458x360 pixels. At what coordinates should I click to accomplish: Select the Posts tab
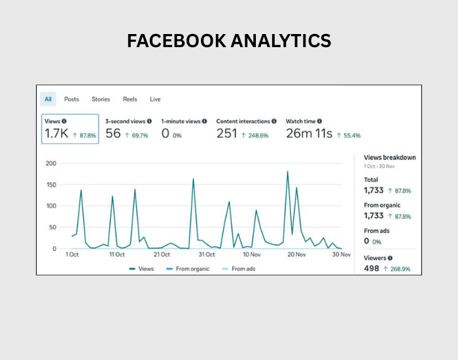click(x=71, y=99)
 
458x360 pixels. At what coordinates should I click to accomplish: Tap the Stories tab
click(x=101, y=99)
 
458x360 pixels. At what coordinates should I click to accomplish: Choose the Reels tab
click(x=130, y=99)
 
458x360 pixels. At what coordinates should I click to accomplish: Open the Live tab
click(x=155, y=99)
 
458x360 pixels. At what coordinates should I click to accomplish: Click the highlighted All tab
click(x=48, y=99)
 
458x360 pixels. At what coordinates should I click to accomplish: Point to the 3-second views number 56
click(x=113, y=134)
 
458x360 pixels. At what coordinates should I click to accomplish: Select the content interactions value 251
click(x=227, y=134)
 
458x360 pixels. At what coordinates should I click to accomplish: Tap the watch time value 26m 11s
click(x=309, y=134)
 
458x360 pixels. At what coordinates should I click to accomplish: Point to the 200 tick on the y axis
click(x=50, y=164)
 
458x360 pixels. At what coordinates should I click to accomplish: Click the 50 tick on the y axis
click(x=52, y=228)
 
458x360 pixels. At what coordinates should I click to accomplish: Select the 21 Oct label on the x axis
click(x=162, y=255)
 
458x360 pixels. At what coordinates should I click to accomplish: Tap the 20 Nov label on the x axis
click(x=297, y=255)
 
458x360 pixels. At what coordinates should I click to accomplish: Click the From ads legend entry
click(x=243, y=269)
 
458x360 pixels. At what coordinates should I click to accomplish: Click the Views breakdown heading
click(x=389, y=158)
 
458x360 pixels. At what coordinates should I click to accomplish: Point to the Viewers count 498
click(x=372, y=268)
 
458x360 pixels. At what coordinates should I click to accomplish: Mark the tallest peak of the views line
click(x=287, y=171)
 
